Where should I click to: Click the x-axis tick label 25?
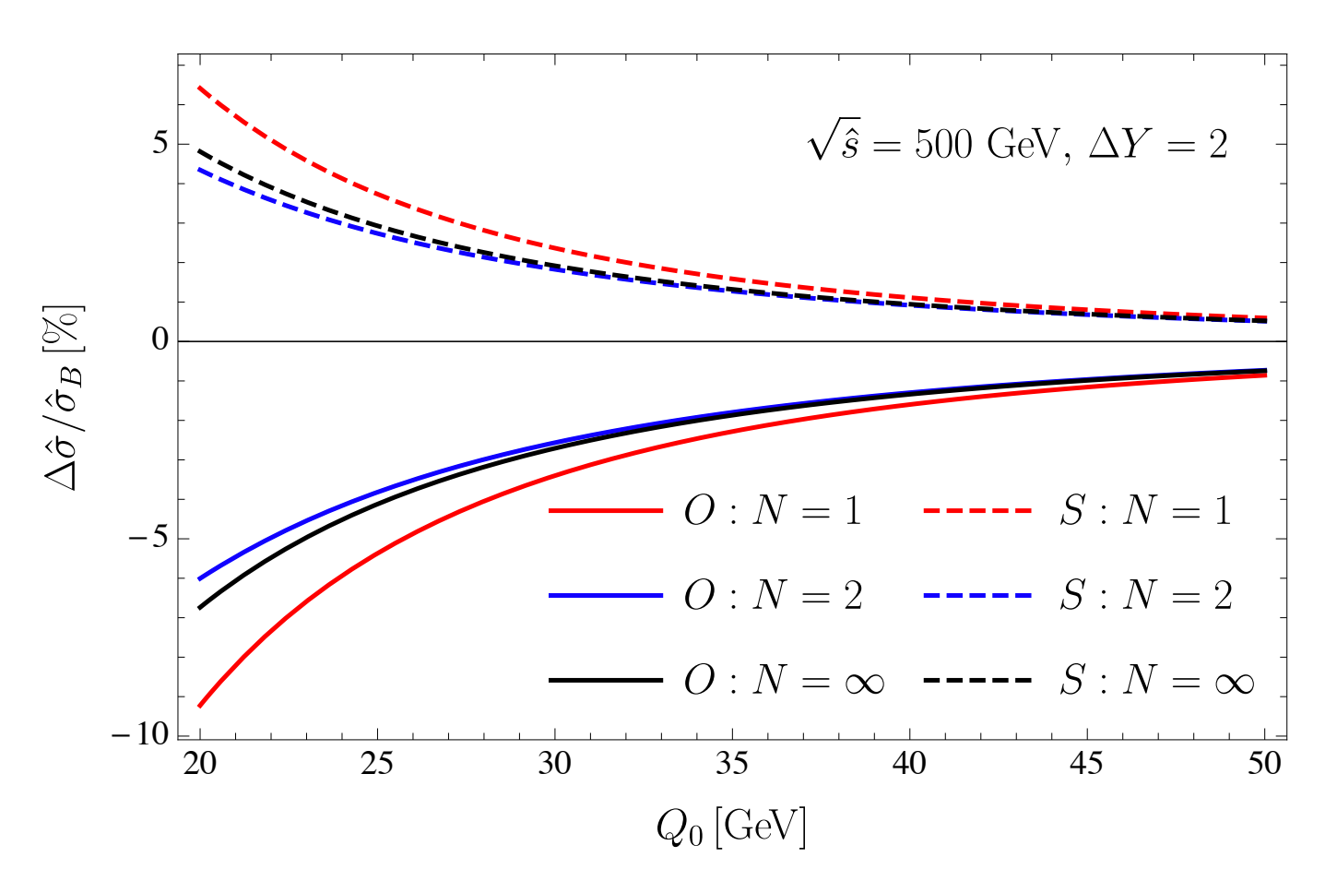(x=376, y=764)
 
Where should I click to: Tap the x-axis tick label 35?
(x=731, y=764)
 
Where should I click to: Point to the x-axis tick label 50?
(x=1264, y=764)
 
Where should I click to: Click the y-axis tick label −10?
(x=140, y=735)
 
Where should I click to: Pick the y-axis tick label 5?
(x=160, y=144)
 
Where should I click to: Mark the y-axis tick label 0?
(x=160, y=341)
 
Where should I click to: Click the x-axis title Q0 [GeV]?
(x=731, y=827)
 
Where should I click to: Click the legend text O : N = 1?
(x=773, y=510)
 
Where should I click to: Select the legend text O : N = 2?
(x=773, y=596)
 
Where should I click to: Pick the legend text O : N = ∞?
(x=784, y=682)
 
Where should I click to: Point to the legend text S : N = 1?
(x=1145, y=510)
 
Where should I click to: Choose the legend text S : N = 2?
(x=1145, y=596)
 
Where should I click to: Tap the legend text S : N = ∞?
(x=1156, y=682)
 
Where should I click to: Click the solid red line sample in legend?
(x=606, y=510)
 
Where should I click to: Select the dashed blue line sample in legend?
(x=976, y=596)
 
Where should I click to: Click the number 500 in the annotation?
(x=943, y=145)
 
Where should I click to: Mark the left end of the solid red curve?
(x=200, y=706)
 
